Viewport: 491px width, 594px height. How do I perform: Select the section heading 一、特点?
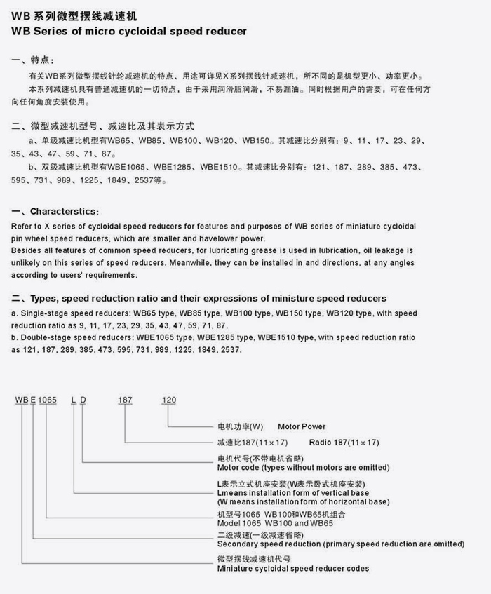coord(37,60)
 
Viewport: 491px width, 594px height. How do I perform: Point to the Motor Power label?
coord(302,426)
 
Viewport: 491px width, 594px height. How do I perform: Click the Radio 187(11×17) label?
coord(344,443)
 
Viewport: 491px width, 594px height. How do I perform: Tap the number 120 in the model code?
coord(169,400)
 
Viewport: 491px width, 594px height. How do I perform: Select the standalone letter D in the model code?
coord(83,400)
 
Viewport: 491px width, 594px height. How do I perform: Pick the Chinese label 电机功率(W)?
coord(240,426)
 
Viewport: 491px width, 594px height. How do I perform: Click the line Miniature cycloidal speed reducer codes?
coord(293,568)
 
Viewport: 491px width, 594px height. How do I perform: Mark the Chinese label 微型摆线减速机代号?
coord(254,559)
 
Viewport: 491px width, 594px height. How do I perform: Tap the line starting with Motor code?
coord(303,467)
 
